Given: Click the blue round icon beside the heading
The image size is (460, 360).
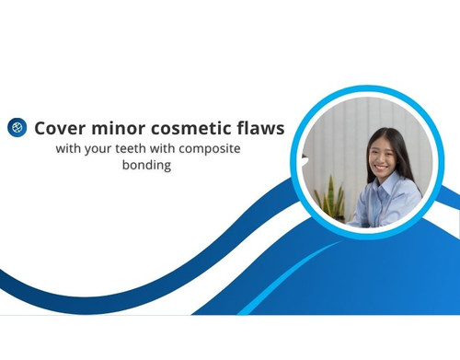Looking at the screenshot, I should click(x=17, y=127).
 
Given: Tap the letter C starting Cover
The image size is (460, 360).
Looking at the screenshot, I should click(x=40, y=127).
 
